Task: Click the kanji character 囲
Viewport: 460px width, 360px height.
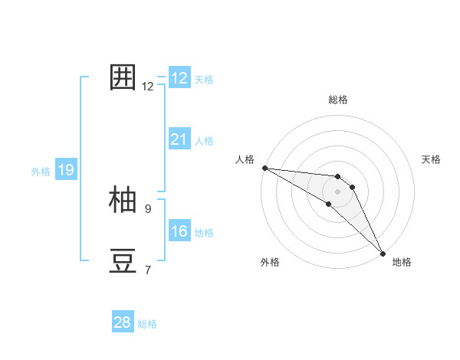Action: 123,78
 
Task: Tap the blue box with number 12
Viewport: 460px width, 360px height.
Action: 179,78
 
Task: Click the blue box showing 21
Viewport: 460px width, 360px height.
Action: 179,139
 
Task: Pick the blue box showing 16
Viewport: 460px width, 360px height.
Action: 179,231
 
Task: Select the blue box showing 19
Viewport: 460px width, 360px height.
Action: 66,170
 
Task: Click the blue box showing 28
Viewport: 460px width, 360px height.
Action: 123,322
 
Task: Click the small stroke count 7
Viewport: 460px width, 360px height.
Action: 148,270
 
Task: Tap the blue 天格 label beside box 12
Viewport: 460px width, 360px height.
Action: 204,80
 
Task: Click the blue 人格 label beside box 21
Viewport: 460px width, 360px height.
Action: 204,141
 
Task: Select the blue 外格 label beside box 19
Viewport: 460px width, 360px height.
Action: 41,172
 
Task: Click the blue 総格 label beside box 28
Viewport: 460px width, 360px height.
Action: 147,324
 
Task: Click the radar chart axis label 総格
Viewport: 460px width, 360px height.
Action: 338,100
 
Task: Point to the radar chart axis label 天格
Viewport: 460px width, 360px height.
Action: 431,159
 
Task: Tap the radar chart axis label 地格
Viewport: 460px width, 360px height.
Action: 402,262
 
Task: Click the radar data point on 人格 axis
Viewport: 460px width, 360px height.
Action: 264,168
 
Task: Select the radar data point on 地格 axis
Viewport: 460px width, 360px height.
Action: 383,253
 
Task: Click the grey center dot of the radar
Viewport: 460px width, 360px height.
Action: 338,191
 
